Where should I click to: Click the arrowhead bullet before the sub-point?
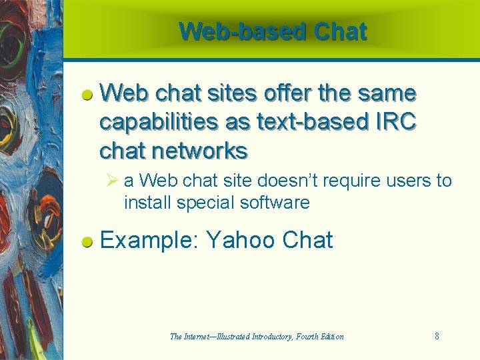pyautogui.click(x=111, y=181)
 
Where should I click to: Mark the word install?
pyautogui.click(x=148, y=203)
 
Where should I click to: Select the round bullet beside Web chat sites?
pyautogui.click(x=87, y=95)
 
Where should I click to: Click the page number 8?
pyautogui.click(x=437, y=337)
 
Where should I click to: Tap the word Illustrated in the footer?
pyautogui.click(x=230, y=337)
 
